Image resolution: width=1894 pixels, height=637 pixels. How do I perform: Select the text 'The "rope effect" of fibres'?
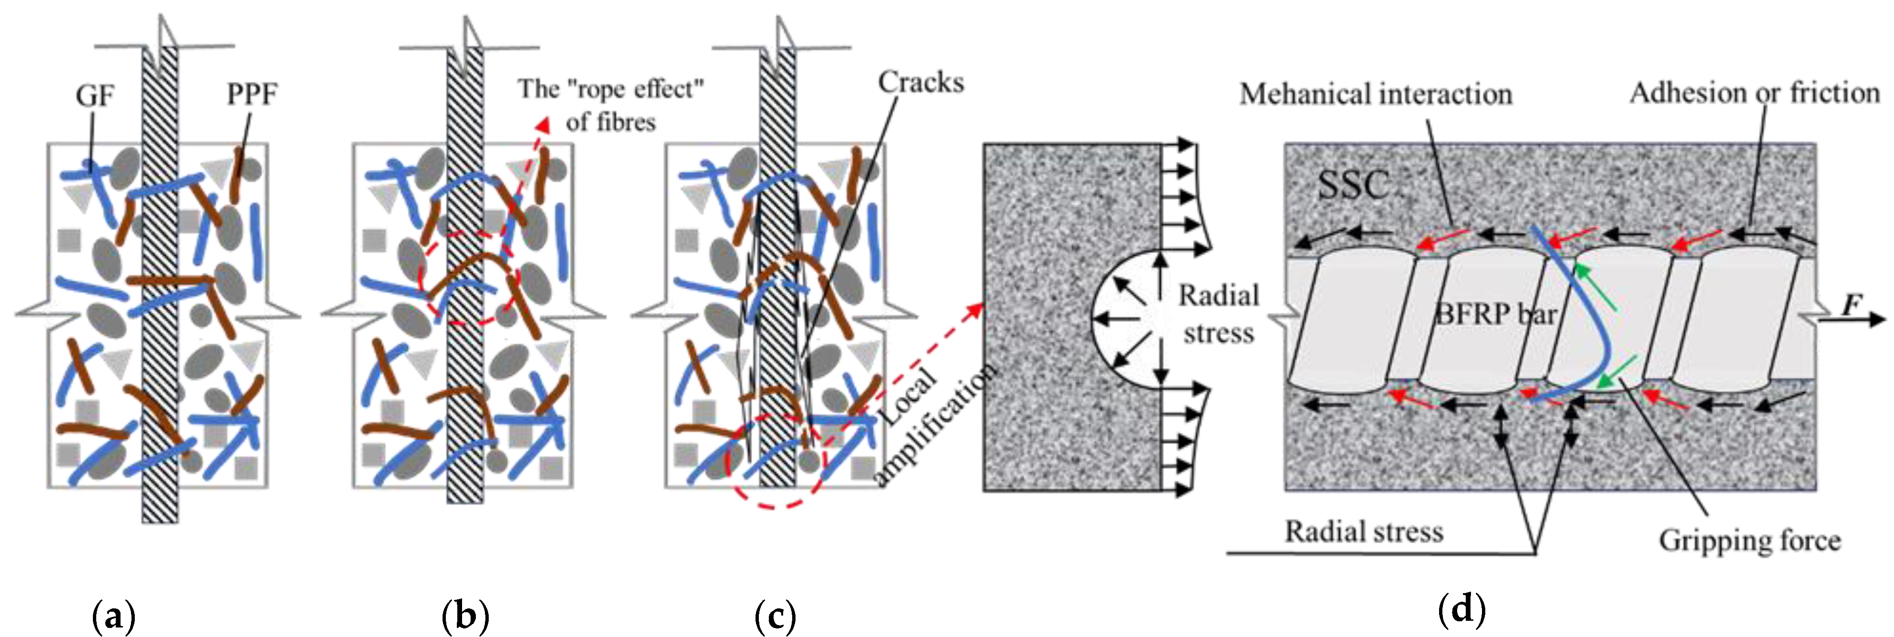coord(610,105)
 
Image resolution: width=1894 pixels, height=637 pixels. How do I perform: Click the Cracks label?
coord(920,83)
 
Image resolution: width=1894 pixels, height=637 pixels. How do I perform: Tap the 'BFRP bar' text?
coord(1496,315)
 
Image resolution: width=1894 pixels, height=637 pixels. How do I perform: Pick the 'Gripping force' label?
coord(1749,541)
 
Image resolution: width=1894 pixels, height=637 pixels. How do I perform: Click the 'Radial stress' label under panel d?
coord(1363,531)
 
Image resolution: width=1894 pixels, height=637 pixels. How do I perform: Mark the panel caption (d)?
coord(1461,609)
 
